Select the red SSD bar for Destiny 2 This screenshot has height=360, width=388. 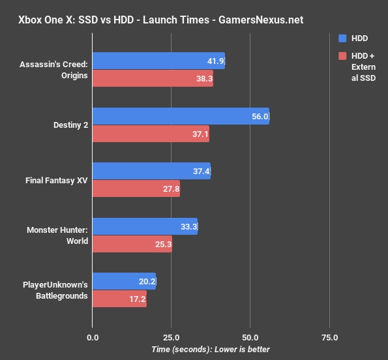coord(151,134)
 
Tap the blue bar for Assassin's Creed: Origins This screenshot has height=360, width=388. coord(158,61)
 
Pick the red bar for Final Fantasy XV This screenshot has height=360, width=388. coord(136,189)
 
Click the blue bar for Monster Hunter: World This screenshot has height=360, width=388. coord(145,226)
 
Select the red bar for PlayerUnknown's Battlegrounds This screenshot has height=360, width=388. coord(119,299)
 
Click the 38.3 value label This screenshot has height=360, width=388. coord(204,80)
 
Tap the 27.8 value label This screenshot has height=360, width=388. coord(171,189)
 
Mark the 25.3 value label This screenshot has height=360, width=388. coord(163,245)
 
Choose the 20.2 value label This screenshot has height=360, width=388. coord(147,282)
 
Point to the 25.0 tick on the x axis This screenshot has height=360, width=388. coord(171,338)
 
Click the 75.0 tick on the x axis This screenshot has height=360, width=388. coord(329,338)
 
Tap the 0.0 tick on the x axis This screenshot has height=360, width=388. coord(93,338)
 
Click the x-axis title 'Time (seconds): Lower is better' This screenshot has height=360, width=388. coord(210,350)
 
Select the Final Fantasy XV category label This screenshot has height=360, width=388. coord(57,179)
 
